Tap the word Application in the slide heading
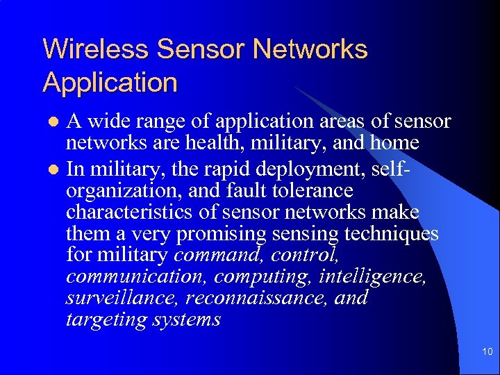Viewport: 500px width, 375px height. coord(110,83)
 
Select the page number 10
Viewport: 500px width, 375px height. coord(487,352)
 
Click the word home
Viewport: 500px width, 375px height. coord(394,144)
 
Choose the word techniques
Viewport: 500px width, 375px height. coord(394,234)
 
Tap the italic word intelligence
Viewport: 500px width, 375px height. coord(372,277)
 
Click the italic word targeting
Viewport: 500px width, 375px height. coord(106,321)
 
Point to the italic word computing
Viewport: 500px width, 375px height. coord(263,277)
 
